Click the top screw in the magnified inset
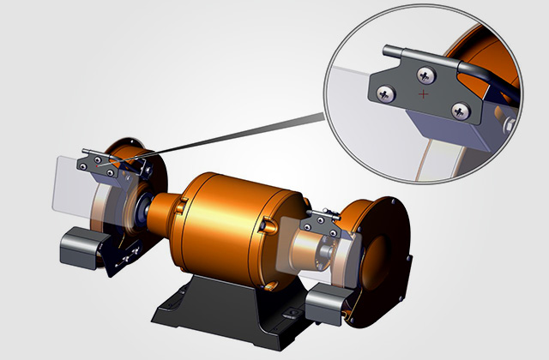[x=425, y=74]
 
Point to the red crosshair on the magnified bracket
[x=422, y=92]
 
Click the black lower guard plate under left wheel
[x=120, y=257]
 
